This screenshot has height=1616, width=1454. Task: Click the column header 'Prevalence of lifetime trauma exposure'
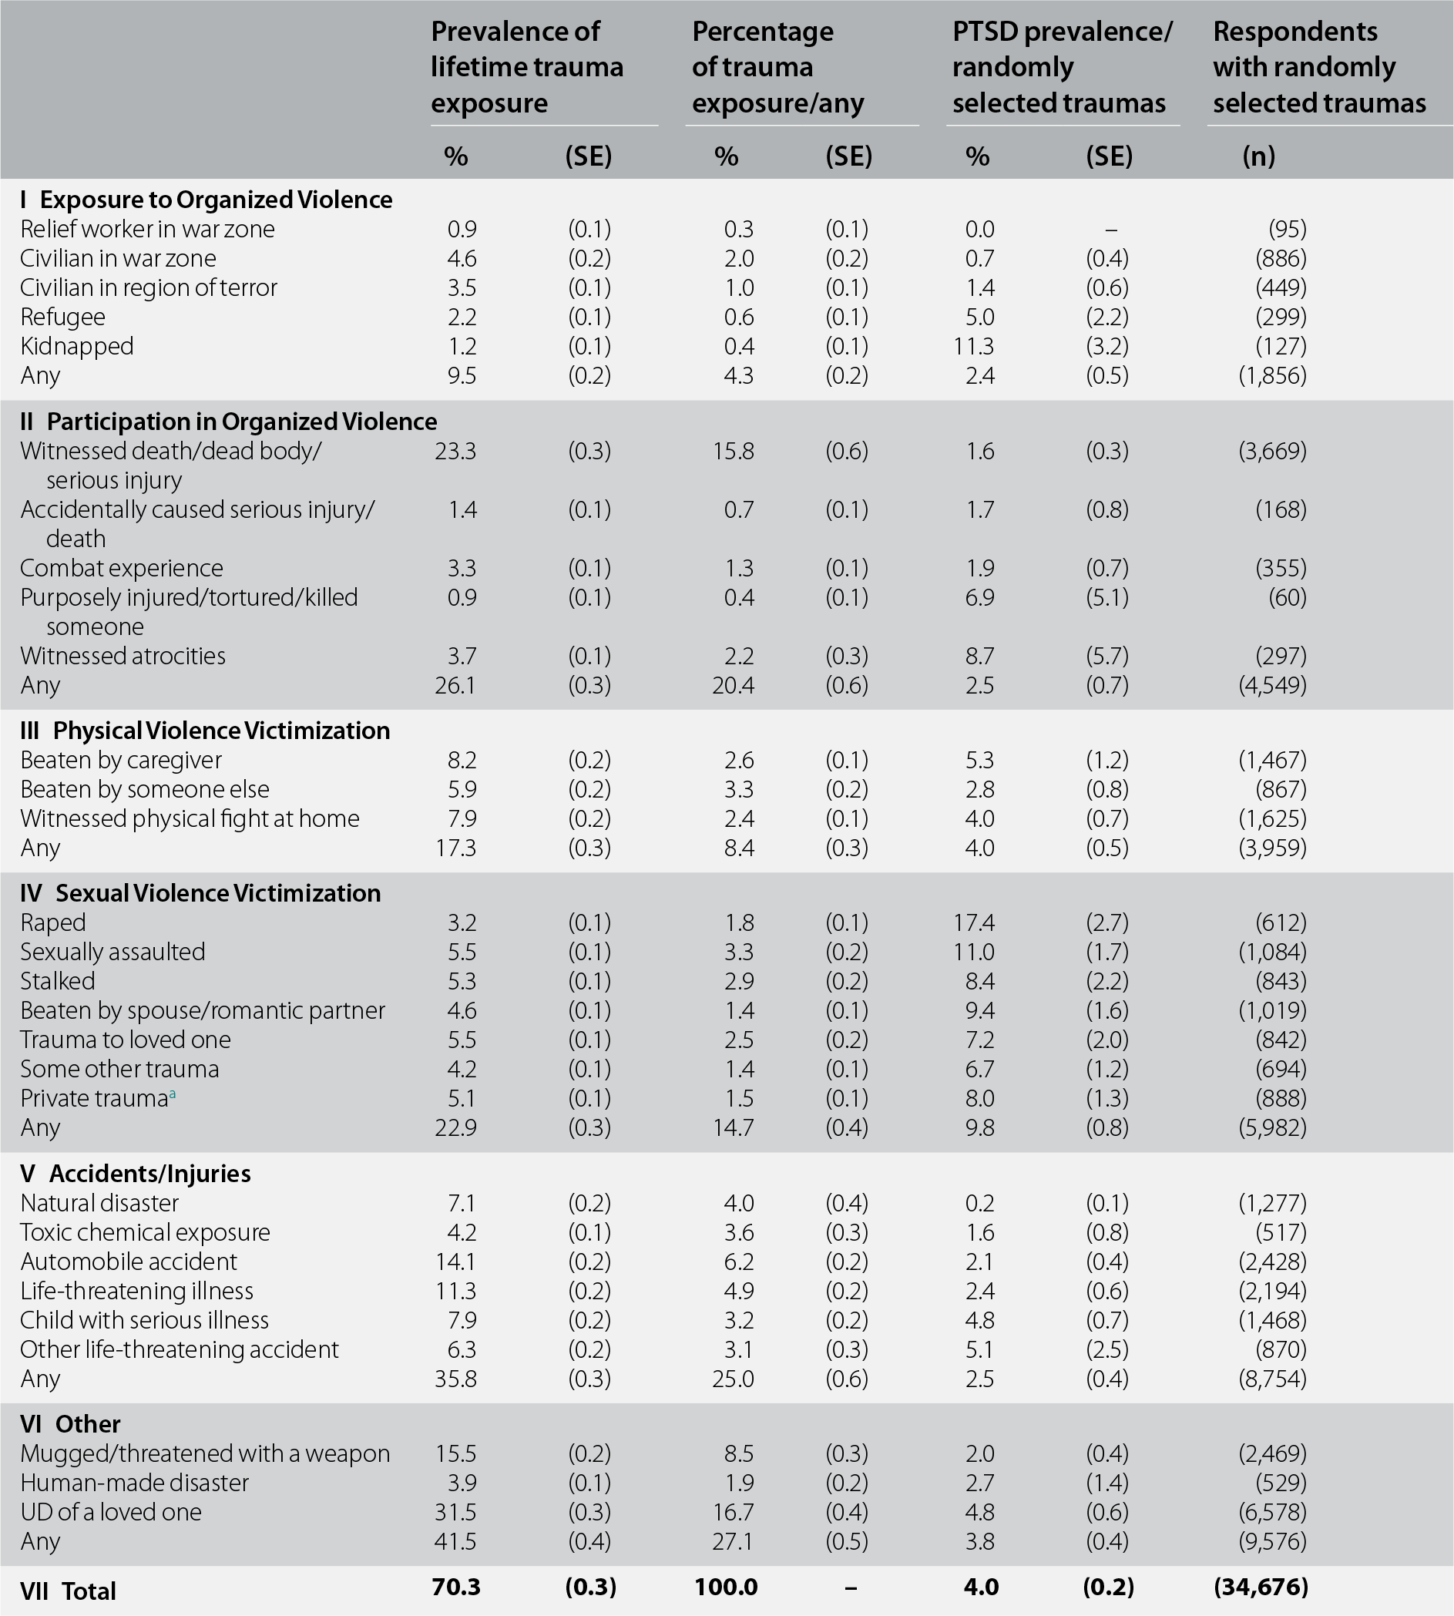(526, 67)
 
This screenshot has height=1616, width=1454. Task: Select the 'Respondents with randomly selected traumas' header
(1319, 67)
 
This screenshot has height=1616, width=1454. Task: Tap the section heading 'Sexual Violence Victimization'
(217, 892)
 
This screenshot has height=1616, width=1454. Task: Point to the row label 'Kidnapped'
(77, 346)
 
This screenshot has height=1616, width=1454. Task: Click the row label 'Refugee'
(62, 317)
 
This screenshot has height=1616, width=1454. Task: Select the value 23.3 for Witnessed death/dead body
(455, 452)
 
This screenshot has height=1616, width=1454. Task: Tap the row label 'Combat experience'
(122, 568)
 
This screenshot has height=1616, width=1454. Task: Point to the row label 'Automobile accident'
(129, 1262)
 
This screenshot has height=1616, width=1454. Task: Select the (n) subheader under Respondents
(1258, 156)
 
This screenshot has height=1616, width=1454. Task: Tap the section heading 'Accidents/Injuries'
(149, 1174)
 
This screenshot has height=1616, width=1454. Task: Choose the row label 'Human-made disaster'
(134, 1483)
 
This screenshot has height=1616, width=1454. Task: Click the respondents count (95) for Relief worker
(1287, 229)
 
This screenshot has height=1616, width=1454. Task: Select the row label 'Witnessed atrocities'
(123, 656)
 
